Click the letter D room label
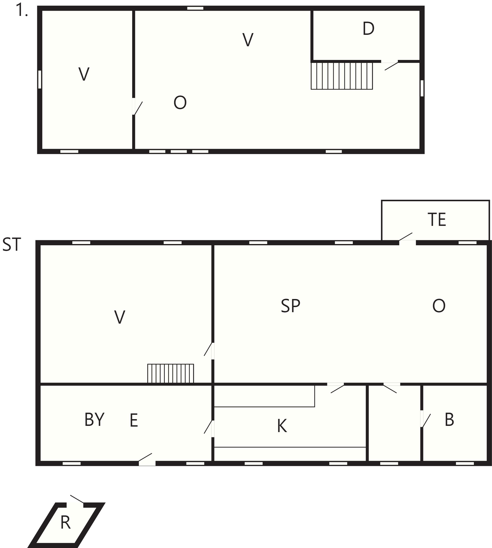(x=368, y=28)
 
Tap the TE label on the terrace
(x=437, y=219)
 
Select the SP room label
(x=291, y=306)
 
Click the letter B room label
(x=449, y=420)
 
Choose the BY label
(x=94, y=420)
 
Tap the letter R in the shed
(x=65, y=523)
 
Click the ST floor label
(x=12, y=245)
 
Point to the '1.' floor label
(x=22, y=10)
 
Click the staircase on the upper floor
(x=342, y=76)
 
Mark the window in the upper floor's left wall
(x=40, y=79)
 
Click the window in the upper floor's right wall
(x=422, y=88)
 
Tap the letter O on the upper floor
(x=180, y=102)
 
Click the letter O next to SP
(x=439, y=306)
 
